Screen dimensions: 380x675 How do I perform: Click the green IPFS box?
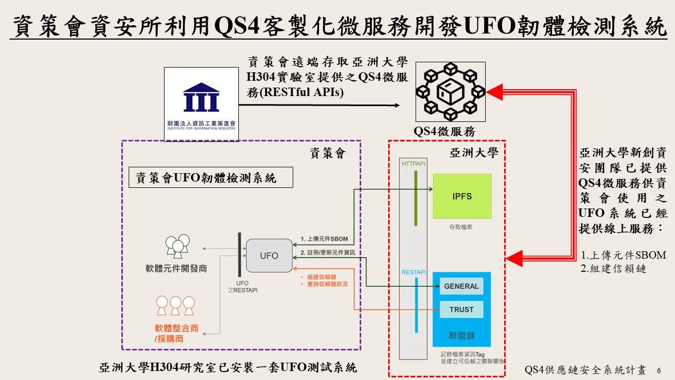[x=461, y=196]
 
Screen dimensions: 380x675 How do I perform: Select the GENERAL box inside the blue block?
[x=461, y=286]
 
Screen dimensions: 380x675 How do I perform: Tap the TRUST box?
[x=461, y=309]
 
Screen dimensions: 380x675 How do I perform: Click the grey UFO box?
[x=269, y=255]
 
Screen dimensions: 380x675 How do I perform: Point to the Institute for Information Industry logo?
[x=201, y=104]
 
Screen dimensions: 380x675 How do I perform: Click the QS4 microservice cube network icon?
[x=450, y=92]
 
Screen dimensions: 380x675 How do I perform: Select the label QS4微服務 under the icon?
[x=445, y=131]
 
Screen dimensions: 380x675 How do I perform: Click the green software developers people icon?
[x=177, y=244]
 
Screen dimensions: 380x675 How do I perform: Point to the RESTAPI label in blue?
[x=414, y=272]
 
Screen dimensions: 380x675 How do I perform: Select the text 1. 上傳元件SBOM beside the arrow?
[x=324, y=239]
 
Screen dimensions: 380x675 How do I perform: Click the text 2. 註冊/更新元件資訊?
[x=327, y=252]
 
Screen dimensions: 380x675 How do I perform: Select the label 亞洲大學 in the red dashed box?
[x=474, y=153]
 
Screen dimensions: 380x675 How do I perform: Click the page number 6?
[x=658, y=370]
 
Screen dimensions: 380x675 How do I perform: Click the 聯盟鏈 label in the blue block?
[x=461, y=335]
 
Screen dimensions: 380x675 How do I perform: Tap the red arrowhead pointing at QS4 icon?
[x=494, y=92]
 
